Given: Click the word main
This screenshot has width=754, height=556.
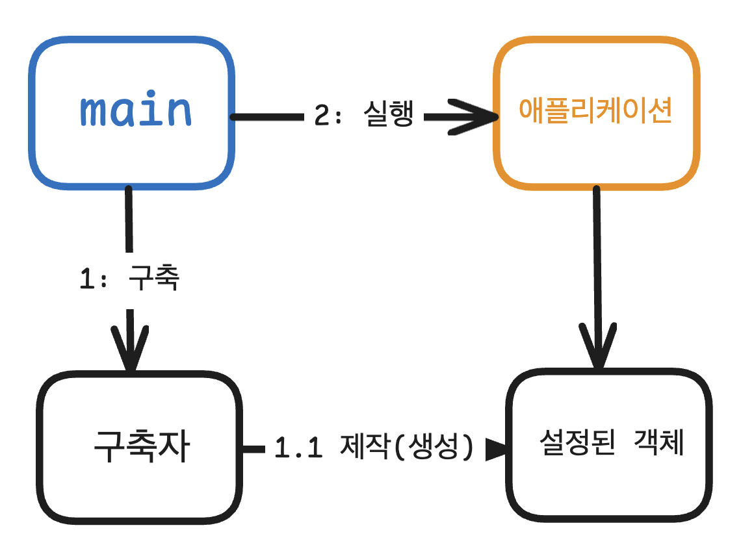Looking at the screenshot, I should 136,111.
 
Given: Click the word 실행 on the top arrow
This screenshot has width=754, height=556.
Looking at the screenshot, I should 389,116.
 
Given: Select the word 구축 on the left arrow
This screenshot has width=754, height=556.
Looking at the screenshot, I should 154,279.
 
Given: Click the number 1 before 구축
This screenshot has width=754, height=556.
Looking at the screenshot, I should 87,279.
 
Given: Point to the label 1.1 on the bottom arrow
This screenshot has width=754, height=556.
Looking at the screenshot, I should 299,448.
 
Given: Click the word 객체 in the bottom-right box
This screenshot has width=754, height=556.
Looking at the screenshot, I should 659,444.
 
